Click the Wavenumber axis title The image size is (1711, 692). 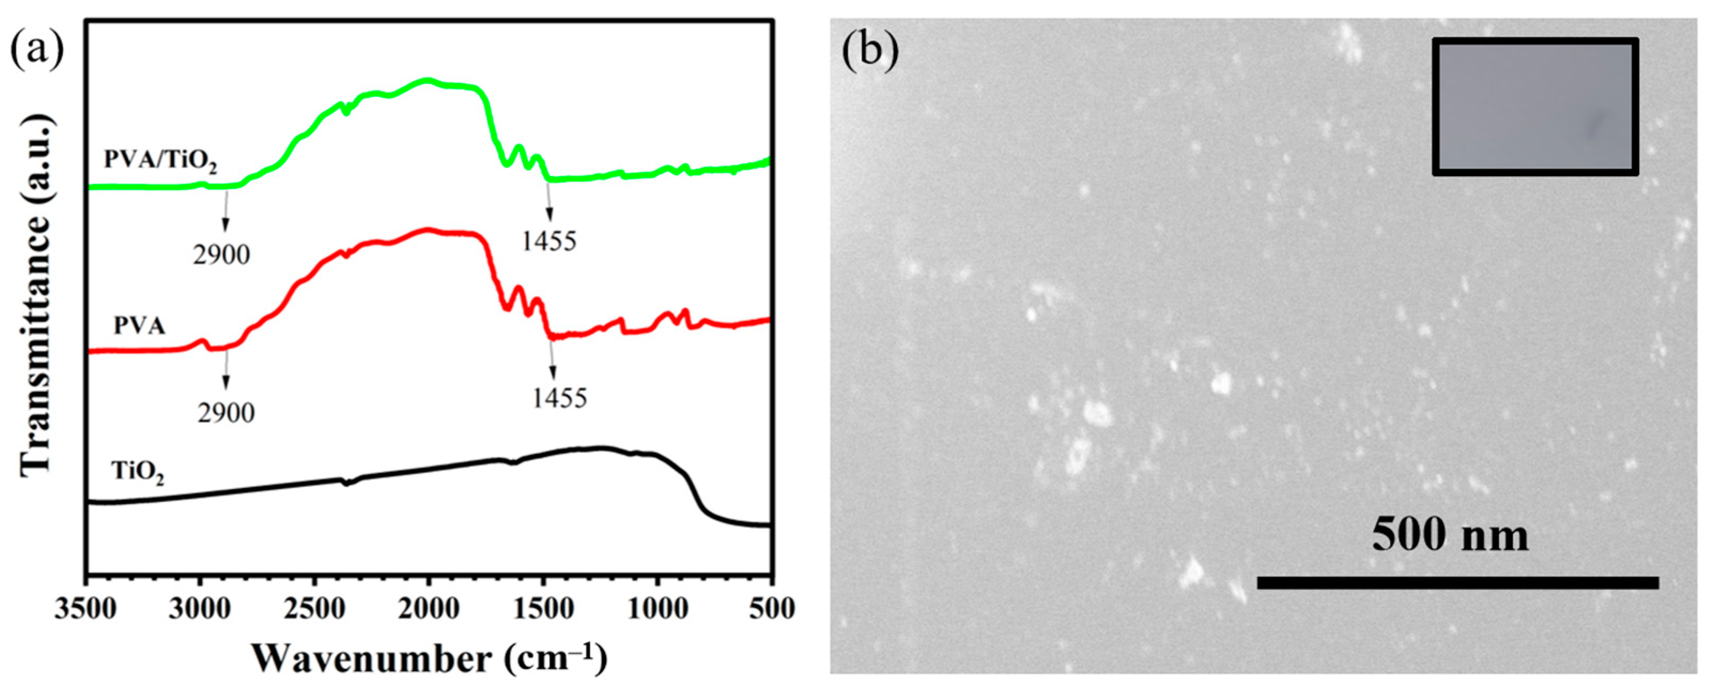coord(429,659)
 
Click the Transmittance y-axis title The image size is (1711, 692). coord(35,296)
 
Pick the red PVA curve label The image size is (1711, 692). coord(139,326)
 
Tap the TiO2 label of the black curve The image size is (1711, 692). coord(137,473)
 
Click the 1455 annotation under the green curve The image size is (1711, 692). coord(549,241)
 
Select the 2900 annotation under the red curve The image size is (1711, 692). coord(226,413)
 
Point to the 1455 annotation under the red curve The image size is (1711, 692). coord(559,398)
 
